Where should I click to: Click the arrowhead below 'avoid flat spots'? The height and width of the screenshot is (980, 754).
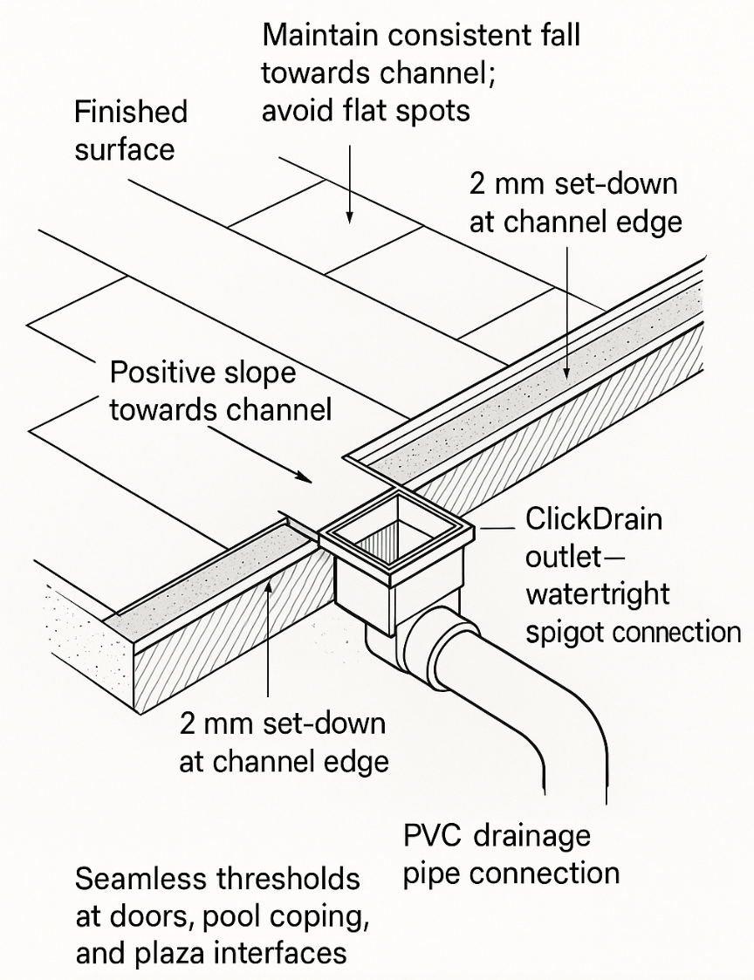[349, 217]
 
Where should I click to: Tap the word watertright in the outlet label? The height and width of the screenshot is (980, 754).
[598, 594]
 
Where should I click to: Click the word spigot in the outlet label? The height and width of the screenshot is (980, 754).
[568, 632]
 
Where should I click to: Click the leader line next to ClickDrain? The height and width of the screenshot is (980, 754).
[496, 529]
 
